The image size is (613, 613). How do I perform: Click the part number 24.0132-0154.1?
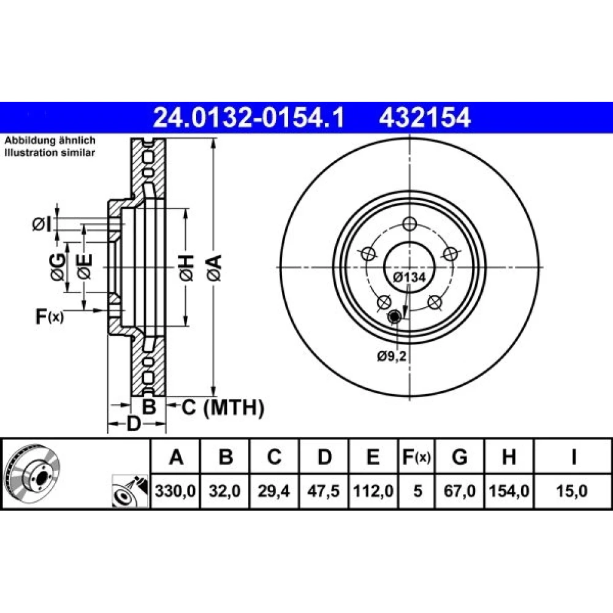coord(249,118)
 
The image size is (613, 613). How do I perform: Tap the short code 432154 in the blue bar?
coord(425,118)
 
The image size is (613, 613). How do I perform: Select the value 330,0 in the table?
coord(175,490)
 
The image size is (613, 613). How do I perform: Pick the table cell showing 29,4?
coord(273,490)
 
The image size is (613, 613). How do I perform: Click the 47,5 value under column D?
coord(323,490)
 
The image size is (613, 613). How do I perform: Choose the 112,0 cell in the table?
coord(373,490)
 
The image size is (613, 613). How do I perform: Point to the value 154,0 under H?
coord(509,490)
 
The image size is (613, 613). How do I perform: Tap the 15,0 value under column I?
coord(572,490)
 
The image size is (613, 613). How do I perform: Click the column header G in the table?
coord(459,457)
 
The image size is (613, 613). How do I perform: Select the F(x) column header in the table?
coord(417,457)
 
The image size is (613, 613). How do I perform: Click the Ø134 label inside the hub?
coord(409,277)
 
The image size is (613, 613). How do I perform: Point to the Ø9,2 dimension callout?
coord(392,356)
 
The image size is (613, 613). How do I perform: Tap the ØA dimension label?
coord(215,268)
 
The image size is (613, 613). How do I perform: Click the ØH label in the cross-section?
coord(186,268)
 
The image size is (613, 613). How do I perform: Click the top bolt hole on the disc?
coord(409,224)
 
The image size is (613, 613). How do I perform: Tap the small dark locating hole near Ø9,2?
coord(394,317)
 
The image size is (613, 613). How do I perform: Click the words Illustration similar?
coord(50,153)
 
